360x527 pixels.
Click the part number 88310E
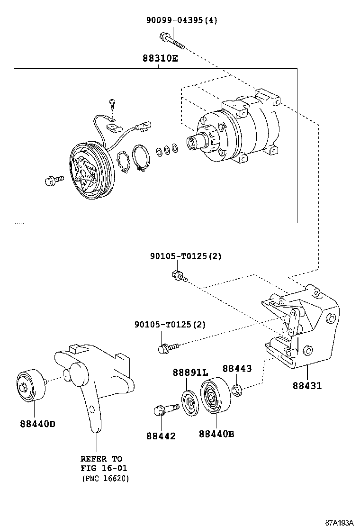(x=161, y=59)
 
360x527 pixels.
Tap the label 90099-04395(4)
(x=181, y=20)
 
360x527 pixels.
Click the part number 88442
(x=161, y=436)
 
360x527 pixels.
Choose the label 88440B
(x=216, y=433)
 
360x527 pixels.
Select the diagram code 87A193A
(x=339, y=522)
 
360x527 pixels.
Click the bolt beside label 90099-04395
(x=172, y=40)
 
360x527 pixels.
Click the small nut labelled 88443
(x=236, y=391)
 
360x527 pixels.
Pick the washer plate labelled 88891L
(x=190, y=403)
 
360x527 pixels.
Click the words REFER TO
(x=101, y=459)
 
